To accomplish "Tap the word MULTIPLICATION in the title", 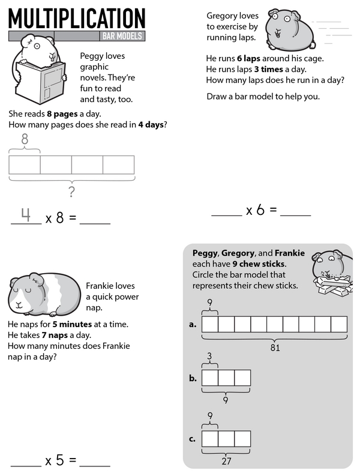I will point(77,18).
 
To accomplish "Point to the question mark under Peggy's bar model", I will point(71,192).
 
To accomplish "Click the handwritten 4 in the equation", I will point(26,215).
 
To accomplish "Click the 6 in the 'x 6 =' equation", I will point(260,210).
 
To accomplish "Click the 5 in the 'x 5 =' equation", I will point(59,460).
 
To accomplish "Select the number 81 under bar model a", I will point(275,347).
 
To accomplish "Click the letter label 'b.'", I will point(193,378).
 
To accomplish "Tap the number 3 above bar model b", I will point(209,357).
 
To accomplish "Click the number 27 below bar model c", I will point(226,462).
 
